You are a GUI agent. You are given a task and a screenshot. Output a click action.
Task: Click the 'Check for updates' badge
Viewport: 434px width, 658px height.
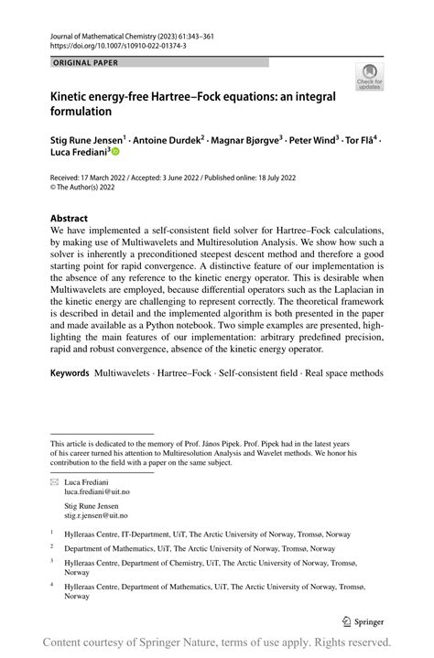click(369, 76)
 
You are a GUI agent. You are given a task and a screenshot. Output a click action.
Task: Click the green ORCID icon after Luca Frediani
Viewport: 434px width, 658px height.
click(115, 156)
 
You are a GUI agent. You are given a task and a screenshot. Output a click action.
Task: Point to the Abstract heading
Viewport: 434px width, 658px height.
click(69, 219)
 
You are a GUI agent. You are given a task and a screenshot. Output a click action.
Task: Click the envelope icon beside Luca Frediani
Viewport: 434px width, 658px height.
click(54, 480)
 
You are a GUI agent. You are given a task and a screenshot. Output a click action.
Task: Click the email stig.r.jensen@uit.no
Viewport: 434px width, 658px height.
click(103, 516)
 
